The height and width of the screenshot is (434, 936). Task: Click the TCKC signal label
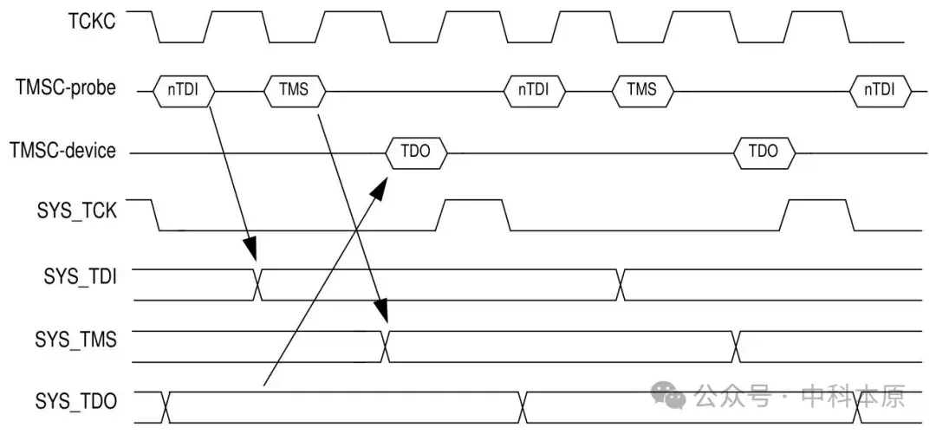(x=91, y=22)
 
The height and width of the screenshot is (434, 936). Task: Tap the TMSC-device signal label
(x=62, y=151)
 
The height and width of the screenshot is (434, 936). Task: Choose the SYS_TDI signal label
(x=80, y=277)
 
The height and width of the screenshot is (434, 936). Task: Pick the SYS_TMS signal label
(x=75, y=340)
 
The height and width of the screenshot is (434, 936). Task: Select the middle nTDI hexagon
(x=533, y=91)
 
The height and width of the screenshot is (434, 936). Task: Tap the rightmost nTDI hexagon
(x=881, y=91)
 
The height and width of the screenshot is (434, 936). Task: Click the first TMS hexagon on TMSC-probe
(x=295, y=91)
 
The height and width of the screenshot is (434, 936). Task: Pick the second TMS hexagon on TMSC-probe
(x=642, y=91)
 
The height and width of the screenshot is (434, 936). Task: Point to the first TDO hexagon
(x=416, y=152)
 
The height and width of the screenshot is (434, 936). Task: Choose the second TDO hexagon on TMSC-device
(x=764, y=152)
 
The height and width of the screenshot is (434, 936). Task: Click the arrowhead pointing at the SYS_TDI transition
(x=250, y=249)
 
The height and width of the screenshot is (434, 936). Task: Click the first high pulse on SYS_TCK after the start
(x=472, y=215)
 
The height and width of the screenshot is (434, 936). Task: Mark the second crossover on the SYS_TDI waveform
(x=621, y=285)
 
